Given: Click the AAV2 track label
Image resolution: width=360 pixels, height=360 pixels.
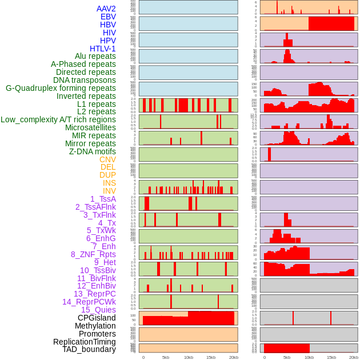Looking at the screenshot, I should click(x=106, y=9).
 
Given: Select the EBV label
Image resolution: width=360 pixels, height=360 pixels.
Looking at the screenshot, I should click(x=108, y=17).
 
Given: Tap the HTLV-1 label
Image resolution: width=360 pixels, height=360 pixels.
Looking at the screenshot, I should click(x=103, y=49).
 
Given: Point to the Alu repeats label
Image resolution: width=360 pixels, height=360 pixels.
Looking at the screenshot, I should click(x=95, y=56).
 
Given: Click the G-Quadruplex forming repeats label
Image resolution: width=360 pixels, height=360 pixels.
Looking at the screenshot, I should click(x=61, y=88).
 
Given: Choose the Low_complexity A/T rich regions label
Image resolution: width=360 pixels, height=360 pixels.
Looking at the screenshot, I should click(x=58, y=119).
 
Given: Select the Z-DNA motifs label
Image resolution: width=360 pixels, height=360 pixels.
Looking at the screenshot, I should click(x=93, y=151).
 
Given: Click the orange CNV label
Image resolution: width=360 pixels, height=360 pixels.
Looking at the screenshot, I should click(x=107, y=159).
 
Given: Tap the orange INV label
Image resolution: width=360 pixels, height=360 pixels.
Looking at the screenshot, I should click(x=109, y=191).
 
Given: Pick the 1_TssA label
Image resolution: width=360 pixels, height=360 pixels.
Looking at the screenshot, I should click(x=103, y=199).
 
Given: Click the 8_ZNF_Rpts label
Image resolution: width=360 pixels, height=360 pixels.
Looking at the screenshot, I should click(x=93, y=254).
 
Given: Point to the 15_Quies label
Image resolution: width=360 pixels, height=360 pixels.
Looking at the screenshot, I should click(x=98, y=310).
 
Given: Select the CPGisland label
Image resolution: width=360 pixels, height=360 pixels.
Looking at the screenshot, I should click(x=97, y=318).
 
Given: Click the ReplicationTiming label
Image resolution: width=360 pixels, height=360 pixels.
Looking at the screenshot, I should click(x=85, y=342).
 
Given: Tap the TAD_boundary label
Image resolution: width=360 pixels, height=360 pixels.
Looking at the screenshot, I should click(x=89, y=349).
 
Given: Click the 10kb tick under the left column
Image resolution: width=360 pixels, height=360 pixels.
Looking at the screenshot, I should click(x=189, y=357).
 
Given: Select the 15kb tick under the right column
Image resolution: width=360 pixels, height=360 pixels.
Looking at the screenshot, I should click(x=331, y=357).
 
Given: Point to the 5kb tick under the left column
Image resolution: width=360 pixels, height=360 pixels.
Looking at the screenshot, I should click(x=166, y=357).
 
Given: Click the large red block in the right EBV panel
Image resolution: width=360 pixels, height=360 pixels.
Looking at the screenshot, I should click(x=331, y=23).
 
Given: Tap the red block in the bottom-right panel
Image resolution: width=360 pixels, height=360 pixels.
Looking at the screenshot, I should click(x=286, y=348).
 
